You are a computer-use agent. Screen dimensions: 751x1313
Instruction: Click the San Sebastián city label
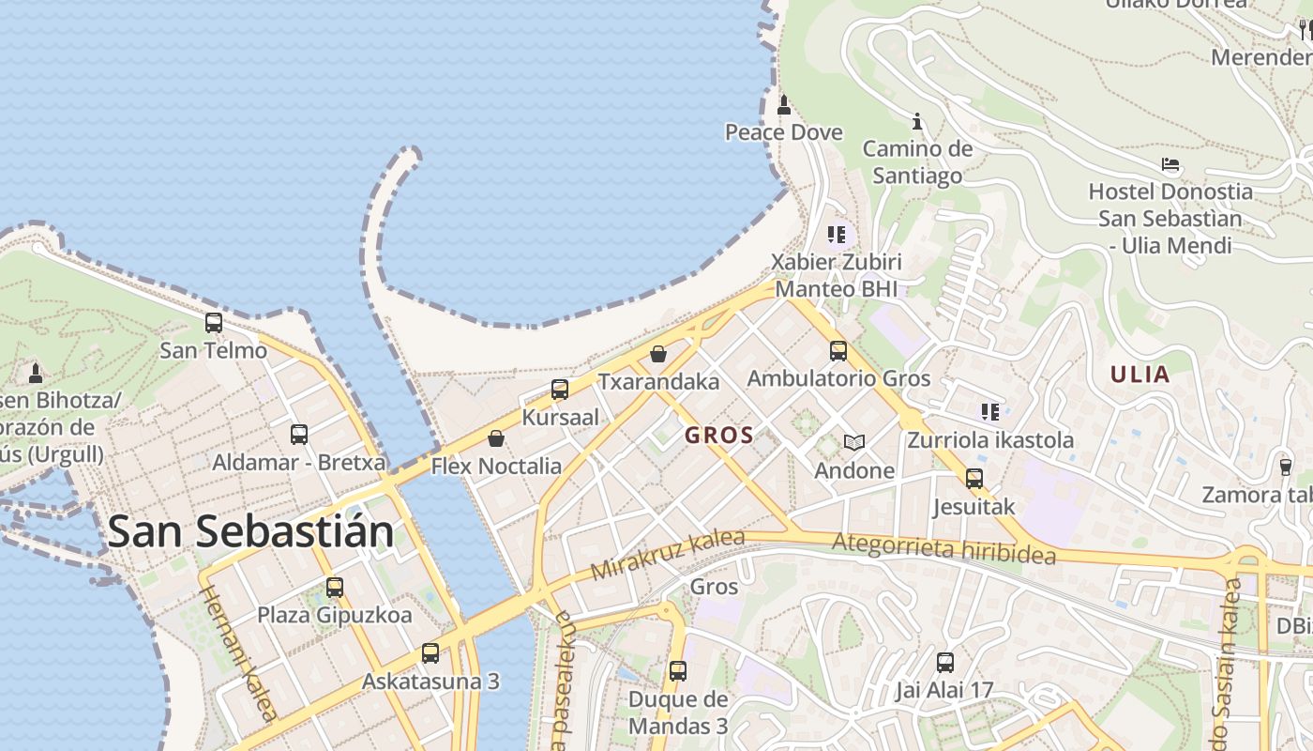[x=249, y=531]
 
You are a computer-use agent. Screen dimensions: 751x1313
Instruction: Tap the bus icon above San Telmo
[x=214, y=323]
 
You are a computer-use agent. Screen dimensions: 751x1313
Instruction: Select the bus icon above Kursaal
[x=560, y=389]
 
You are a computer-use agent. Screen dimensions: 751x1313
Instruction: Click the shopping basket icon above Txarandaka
[x=658, y=354]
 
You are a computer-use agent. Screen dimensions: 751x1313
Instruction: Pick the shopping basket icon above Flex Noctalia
[x=496, y=437]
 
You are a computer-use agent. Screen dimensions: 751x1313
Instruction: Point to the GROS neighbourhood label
[x=719, y=435]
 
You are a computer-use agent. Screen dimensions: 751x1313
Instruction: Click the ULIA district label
[x=1140, y=375]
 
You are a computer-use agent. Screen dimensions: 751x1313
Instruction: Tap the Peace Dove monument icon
[x=784, y=104]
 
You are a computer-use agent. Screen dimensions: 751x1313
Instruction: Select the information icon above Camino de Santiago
[x=918, y=121]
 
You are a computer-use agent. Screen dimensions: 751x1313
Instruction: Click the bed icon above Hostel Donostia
[x=1170, y=164]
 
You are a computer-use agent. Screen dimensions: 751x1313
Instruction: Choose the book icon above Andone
[x=853, y=442]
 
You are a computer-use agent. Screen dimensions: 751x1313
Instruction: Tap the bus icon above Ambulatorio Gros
[x=838, y=351]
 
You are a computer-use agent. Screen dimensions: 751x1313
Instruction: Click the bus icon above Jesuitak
[x=974, y=479]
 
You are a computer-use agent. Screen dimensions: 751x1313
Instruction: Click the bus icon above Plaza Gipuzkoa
[x=335, y=588]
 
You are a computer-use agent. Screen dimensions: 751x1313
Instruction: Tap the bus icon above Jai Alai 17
[x=944, y=663]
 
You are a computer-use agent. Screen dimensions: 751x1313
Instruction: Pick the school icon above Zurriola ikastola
[x=989, y=411]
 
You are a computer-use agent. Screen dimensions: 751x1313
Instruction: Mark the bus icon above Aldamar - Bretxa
[x=299, y=435]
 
